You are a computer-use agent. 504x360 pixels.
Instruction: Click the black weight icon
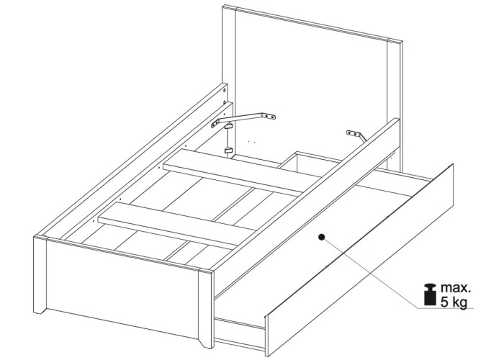(430, 294)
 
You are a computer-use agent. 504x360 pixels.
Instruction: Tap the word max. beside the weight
(456, 288)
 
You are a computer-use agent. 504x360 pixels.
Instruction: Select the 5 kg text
(454, 302)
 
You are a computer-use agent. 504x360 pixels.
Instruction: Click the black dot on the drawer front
(321, 237)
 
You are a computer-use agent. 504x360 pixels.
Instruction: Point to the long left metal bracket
(243, 119)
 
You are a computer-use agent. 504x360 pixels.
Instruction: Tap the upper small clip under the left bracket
(228, 126)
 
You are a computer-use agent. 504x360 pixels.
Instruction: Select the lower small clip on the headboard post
(228, 150)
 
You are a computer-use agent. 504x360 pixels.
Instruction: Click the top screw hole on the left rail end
(224, 90)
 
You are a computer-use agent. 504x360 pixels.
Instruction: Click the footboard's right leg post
(206, 310)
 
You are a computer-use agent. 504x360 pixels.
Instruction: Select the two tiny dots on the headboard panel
(252, 141)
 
